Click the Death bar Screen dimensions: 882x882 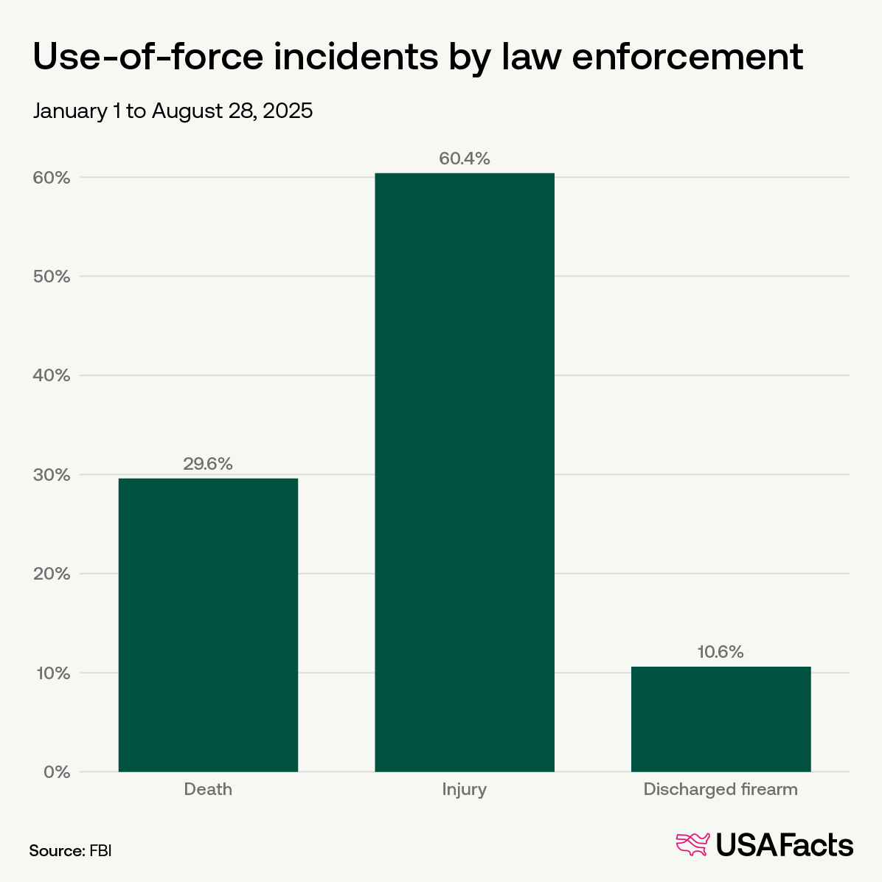coord(208,625)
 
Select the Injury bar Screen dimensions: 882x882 coord(465,472)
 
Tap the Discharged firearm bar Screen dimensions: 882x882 coord(720,719)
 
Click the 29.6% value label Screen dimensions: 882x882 coord(208,464)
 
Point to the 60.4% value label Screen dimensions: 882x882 coord(465,159)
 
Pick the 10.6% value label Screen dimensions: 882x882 coord(720,652)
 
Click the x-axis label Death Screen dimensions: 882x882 coord(208,789)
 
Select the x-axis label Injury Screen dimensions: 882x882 coord(465,789)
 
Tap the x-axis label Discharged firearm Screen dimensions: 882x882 coord(720,789)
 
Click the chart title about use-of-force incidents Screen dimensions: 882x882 coord(417,57)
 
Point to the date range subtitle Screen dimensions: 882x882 coord(173,111)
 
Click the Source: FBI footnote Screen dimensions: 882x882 coord(70,850)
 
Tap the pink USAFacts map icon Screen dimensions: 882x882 coord(692,844)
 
